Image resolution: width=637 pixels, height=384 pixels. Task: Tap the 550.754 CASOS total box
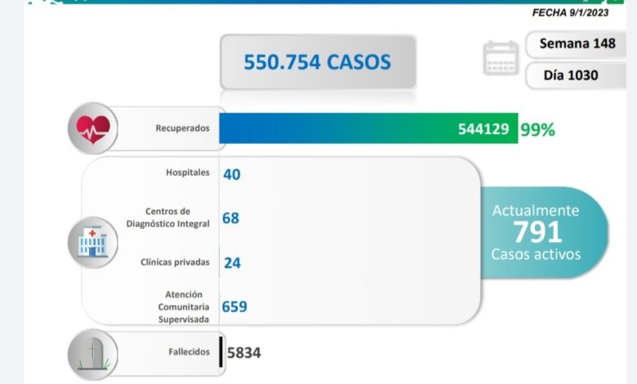point(317,61)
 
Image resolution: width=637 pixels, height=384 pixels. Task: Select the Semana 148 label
point(577,42)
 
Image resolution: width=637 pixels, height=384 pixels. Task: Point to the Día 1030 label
point(571,75)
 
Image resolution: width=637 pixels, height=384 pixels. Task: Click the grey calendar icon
point(501,58)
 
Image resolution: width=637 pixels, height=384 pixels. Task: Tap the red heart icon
point(92,129)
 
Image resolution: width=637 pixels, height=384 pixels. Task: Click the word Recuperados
point(183,129)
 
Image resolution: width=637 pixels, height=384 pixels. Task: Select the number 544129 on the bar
point(485,129)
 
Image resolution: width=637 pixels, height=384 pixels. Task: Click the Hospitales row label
point(187,173)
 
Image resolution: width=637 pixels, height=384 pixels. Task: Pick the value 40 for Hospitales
point(231,173)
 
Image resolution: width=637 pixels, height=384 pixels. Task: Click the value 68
point(230,218)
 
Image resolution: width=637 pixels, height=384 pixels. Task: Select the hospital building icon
point(92,240)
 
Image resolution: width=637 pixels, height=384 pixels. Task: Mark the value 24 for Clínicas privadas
point(231,263)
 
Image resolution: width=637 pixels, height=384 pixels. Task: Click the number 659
point(234,307)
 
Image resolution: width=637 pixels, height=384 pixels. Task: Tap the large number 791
point(537,232)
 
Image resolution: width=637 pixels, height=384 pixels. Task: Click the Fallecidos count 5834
point(243,352)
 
